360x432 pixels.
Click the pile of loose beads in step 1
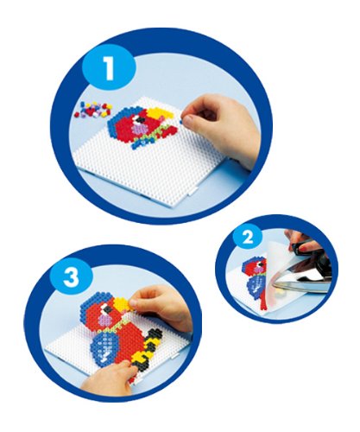pos(93,110)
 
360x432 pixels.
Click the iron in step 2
pos(301,270)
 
